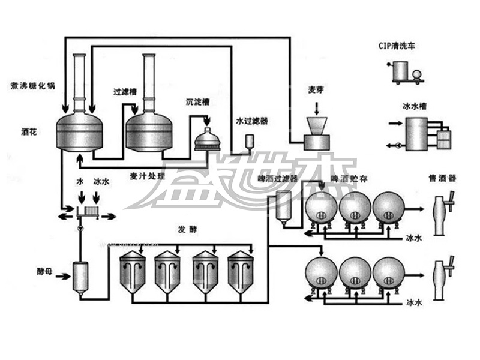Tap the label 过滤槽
125,93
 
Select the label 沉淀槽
197,103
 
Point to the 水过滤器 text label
252,121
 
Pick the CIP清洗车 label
397,46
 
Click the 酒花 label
29,130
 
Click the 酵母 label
45,271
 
